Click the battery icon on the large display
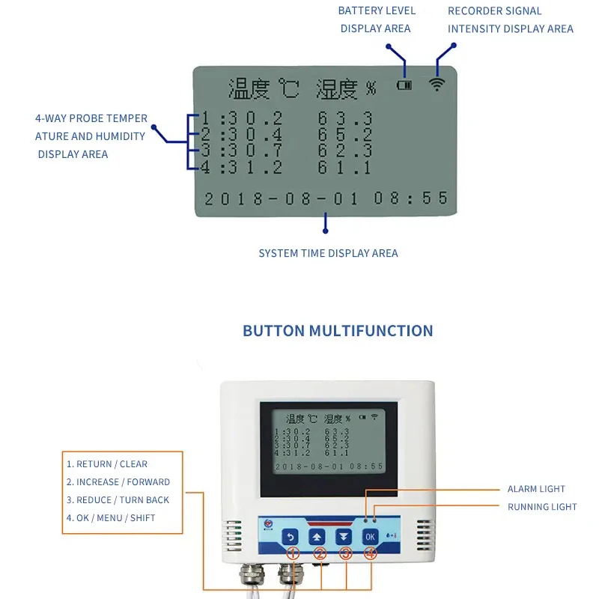[404, 85]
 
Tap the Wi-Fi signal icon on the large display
[437, 84]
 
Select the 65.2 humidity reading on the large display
[344, 136]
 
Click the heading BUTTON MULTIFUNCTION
[338, 331]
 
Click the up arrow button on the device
[317, 536]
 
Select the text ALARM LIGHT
[536, 489]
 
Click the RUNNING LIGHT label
[542, 507]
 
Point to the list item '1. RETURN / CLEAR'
[107, 464]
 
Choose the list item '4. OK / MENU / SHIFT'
[111, 517]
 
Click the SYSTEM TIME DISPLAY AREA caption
[328, 253]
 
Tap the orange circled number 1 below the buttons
[293, 554]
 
